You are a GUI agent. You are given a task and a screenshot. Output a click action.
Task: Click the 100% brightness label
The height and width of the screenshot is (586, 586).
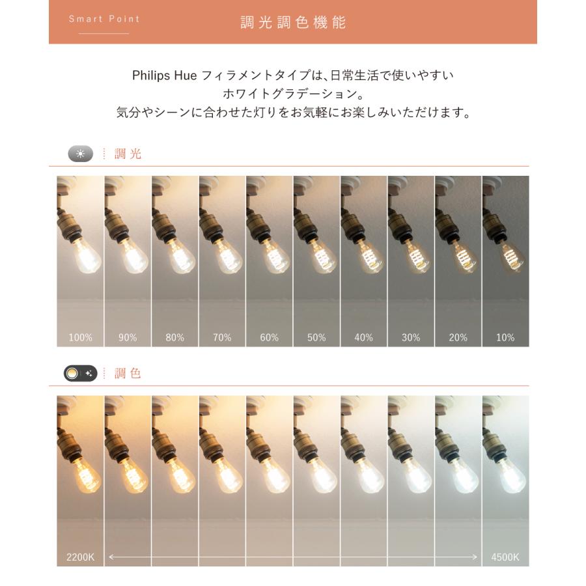tap(80, 337)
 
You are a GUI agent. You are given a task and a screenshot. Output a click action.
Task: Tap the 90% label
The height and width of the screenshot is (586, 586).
tap(128, 337)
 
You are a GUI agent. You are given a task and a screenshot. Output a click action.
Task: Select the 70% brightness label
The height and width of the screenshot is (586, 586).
tap(222, 337)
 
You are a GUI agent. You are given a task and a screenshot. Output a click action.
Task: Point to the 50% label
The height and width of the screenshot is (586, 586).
tap(316, 337)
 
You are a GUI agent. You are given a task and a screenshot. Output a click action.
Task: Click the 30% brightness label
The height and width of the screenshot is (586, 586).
tap(411, 337)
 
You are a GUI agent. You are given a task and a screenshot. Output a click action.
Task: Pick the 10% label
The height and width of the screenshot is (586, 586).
tap(505, 337)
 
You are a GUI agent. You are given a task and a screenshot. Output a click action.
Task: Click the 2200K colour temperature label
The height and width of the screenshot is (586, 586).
tap(80, 557)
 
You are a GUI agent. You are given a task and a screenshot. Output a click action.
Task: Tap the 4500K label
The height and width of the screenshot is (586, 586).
tap(505, 557)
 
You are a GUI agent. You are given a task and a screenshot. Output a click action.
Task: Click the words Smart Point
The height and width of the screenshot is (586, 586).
tap(104, 19)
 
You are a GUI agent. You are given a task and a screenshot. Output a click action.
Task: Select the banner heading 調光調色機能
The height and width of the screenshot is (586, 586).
tap(293, 22)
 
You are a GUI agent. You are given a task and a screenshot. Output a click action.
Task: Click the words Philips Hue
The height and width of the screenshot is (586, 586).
tap(160, 76)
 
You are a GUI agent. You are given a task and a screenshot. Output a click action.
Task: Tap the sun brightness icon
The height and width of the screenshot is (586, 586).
tap(81, 154)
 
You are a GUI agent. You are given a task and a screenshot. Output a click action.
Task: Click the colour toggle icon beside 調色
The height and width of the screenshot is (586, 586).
tap(81, 374)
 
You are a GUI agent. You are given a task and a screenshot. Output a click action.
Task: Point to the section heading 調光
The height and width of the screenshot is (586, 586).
tap(128, 154)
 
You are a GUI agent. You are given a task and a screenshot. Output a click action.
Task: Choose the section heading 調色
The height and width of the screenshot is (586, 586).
tap(128, 374)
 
